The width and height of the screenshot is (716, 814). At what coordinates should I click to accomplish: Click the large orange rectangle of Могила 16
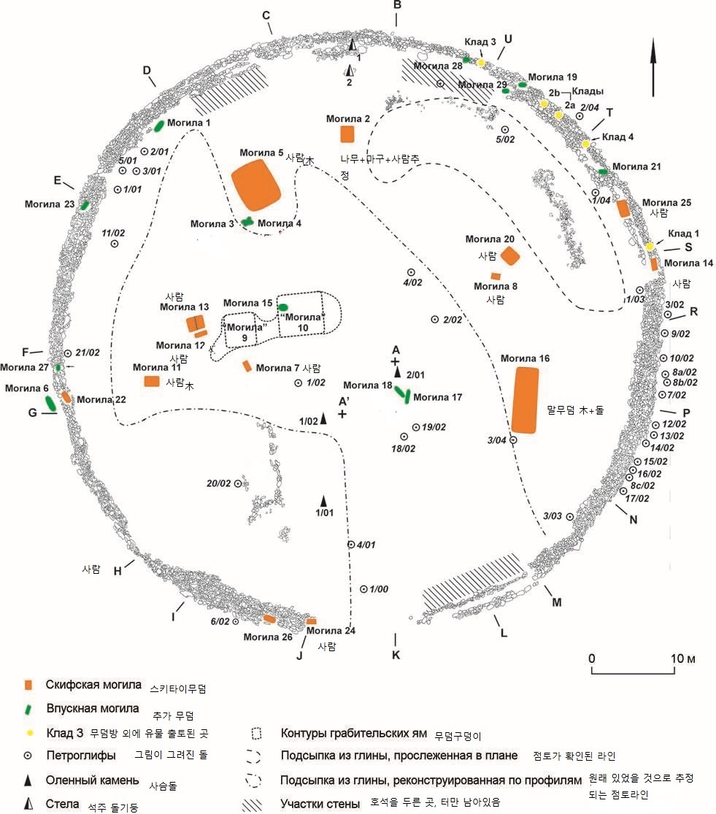(526, 400)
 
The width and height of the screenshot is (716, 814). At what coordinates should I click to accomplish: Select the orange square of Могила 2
(347, 134)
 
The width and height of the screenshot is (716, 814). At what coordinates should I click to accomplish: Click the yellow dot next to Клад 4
(585, 145)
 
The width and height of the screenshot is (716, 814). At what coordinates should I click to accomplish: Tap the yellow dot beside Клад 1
(649, 247)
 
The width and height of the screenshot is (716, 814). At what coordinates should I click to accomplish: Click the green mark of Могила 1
(158, 126)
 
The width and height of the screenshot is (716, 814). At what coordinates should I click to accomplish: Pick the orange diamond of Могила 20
(509, 256)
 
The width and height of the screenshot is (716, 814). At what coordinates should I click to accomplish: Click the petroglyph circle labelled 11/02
(115, 245)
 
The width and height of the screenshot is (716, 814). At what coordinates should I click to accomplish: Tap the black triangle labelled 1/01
(324, 501)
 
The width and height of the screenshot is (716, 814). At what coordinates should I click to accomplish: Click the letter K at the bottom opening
(396, 655)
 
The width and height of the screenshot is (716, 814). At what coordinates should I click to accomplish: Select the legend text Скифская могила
(93, 685)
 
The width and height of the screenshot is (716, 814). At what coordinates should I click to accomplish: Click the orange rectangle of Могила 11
(152, 381)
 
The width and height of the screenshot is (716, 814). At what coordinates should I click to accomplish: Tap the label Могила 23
(50, 204)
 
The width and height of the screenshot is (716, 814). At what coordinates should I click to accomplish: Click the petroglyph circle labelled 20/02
(237, 484)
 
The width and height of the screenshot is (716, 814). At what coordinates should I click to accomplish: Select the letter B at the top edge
(398, 6)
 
